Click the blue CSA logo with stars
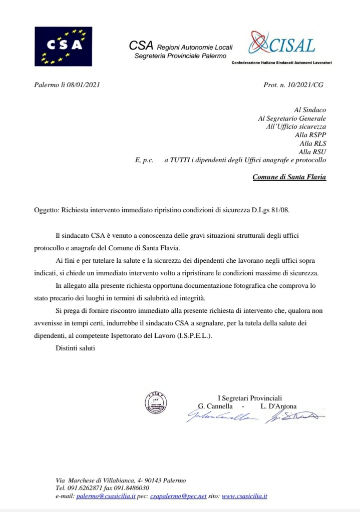63,46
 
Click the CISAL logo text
293,46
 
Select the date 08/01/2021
84,85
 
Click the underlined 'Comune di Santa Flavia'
289,177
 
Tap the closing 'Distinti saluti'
75,347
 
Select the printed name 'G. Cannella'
215,406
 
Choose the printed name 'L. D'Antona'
278,406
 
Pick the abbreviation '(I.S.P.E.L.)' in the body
192,336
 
